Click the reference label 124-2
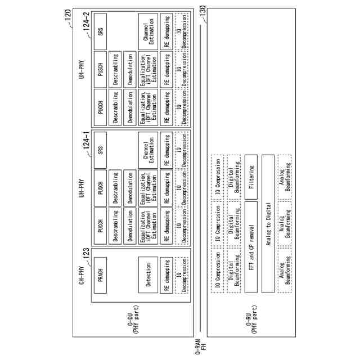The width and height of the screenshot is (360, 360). pyautogui.click(x=86, y=27)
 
